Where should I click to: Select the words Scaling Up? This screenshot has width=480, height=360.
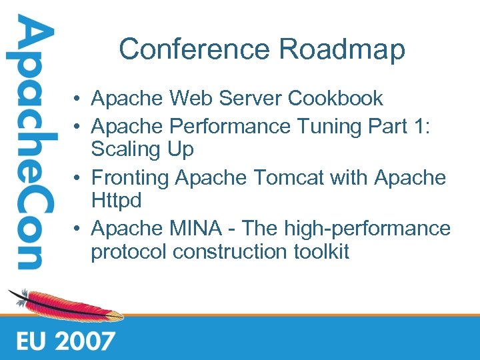[x=142, y=149]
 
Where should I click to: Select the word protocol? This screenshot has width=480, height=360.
[x=129, y=253]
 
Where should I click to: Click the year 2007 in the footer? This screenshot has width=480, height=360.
[x=85, y=341]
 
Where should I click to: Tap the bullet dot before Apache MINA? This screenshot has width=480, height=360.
[x=78, y=229]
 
